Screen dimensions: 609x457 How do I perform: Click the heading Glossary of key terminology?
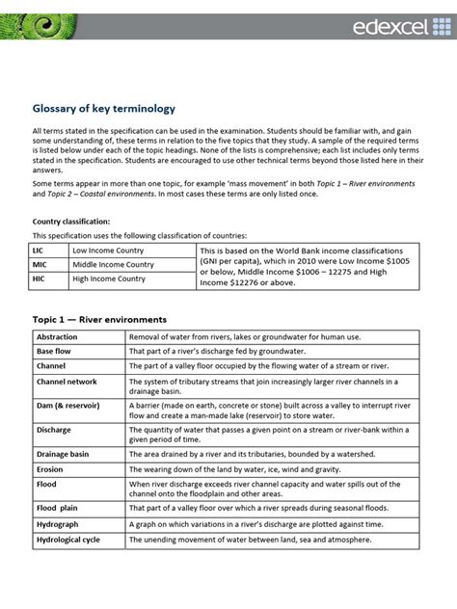pyautogui.click(x=104, y=109)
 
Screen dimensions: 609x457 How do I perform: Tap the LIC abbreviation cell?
pyautogui.click(x=42, y=250)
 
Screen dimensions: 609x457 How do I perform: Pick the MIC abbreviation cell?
pyautogui.click(x=43, y=265)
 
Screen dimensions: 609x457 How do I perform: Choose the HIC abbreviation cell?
pyautogui.click(x=42, y=280)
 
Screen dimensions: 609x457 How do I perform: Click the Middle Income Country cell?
pyautogui.click(x=113, y=265)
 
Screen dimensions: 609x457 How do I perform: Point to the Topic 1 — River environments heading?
pyautogui.click(x=100, y=319)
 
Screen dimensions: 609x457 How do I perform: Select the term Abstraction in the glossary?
pyautogui.click(x=59, y=337)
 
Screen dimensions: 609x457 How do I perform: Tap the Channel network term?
pyautogui.click(x=67, y=382)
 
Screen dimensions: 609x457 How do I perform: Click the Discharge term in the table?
pyautogui.click(x=54, y=431)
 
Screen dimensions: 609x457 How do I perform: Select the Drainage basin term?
pyautogui.click(x=63, y=454)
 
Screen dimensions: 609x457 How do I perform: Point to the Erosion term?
pyautogui.click(x=50, y=468)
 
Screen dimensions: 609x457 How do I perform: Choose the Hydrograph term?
pyautogui.click(x=58, y=524)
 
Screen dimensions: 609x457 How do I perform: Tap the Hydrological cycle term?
pyautogui.click(x=69, y=539)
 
